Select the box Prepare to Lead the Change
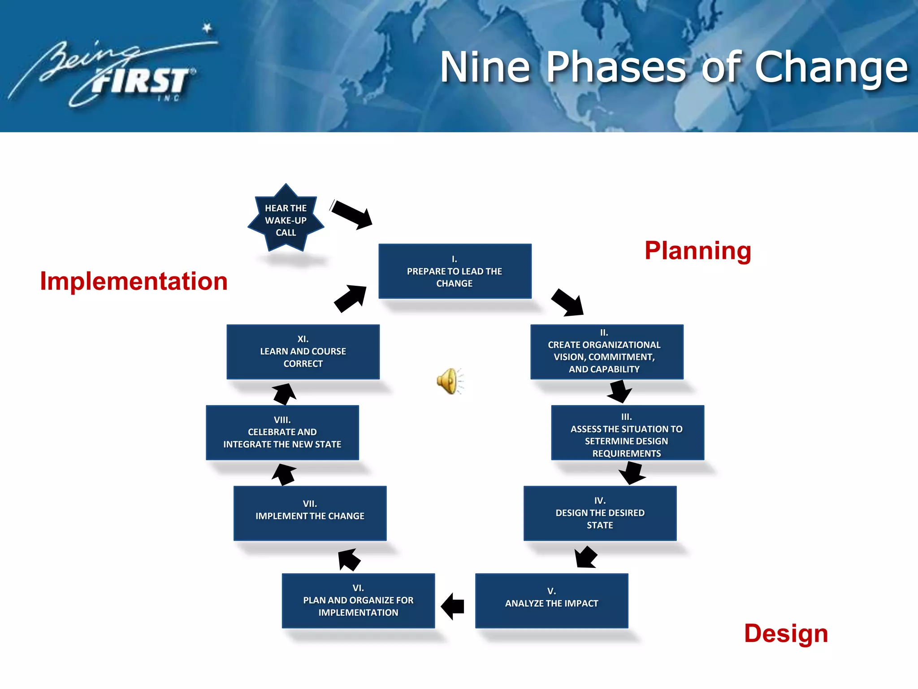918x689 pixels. point(455,271)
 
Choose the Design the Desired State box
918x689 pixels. point(600,513)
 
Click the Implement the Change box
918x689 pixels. point(310,513)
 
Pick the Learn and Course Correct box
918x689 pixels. point(303,352)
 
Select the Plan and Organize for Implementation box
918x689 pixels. point(358,600)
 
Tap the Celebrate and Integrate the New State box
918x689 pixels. point(282,432)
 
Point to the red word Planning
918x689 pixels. point(697,251)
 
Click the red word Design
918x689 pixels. point(786,633)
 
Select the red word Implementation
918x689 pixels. point(134,281)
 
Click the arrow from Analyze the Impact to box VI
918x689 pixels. point(453,606)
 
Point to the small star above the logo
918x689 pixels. point(207,28)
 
